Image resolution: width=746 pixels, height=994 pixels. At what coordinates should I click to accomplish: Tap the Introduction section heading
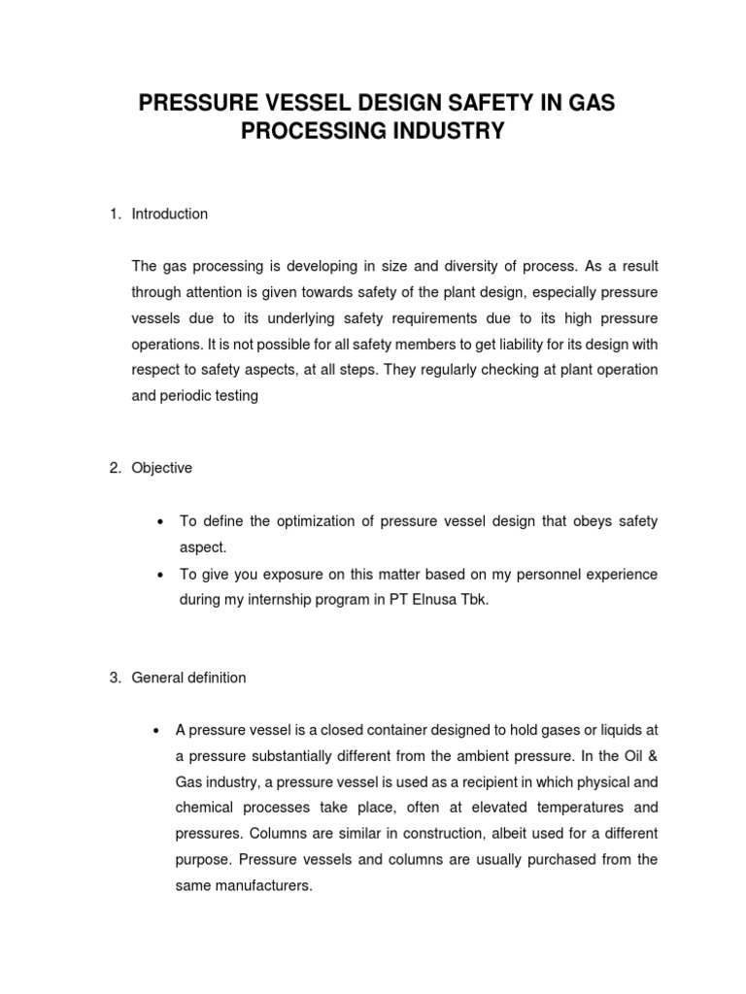click(170, 214)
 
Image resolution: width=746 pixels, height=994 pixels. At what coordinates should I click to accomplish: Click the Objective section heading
click(162, 468)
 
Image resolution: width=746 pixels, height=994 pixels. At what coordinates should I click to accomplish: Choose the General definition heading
click(189, 678)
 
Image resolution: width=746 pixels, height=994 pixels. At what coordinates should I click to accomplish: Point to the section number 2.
click(113, 468)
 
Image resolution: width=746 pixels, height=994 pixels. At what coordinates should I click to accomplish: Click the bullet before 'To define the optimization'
click(158, 522)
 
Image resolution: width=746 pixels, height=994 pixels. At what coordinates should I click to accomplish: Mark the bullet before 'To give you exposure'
click(158, 575)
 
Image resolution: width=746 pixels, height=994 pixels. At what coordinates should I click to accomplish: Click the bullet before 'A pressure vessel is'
click(158, 730)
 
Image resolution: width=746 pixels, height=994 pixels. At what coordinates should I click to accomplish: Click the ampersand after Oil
click(653, 755)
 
